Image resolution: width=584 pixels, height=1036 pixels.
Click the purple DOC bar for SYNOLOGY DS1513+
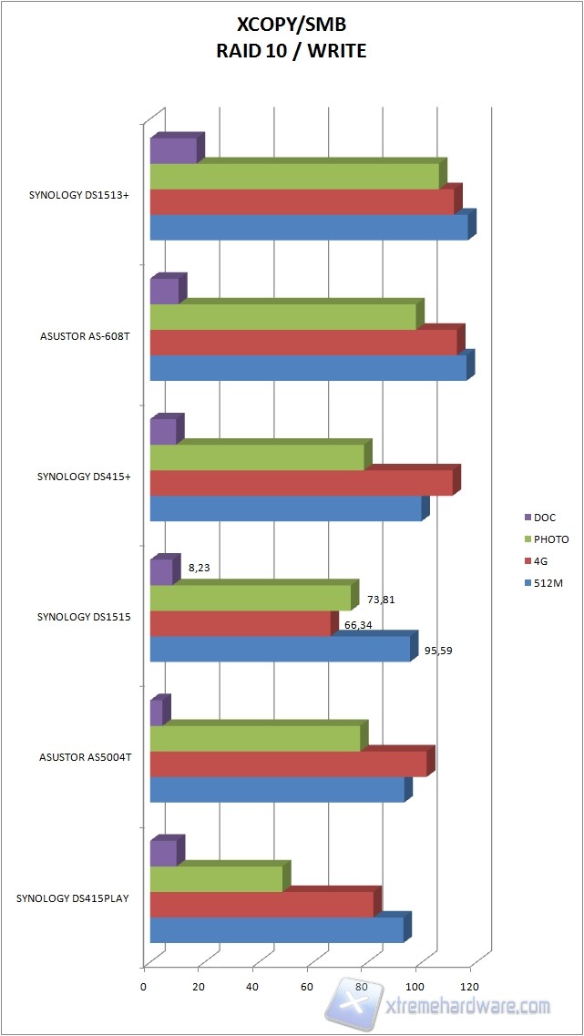(x=173, y=150)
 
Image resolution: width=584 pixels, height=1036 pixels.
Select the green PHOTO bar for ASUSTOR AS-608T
(x=282, y=316)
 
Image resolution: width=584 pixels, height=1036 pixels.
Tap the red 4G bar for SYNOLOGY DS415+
(x=301, y=483)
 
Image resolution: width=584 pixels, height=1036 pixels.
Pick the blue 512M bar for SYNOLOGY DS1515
(x=280, y=649)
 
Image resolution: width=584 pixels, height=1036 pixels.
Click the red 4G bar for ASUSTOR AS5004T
(x=288, y=764)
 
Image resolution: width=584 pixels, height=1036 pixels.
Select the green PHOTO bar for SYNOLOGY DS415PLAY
(x=216, y=879)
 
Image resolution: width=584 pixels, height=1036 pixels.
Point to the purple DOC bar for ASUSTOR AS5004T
(x=156, y=713)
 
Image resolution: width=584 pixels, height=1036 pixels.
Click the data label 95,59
(x=439, y=651)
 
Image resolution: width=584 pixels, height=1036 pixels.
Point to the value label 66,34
(x=359, y=625)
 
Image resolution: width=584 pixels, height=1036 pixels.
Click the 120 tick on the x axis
(x=470, y=986)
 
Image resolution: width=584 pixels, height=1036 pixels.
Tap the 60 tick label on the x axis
(x=307, y=986)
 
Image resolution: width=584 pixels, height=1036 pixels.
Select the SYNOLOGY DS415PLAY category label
(x=73, y=898)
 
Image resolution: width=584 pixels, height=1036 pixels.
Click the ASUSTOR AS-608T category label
(x=78, y=336)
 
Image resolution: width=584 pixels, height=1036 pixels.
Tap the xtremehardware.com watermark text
(x=470, y=1006)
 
